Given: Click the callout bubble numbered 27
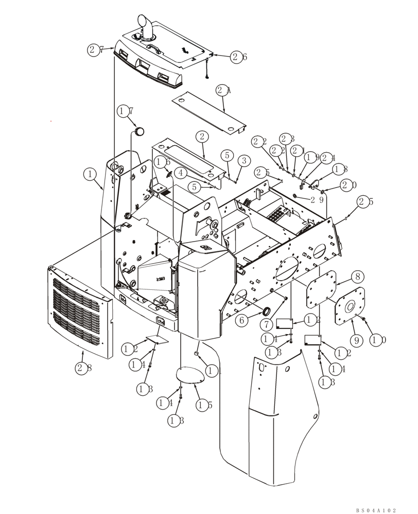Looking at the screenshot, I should [96, 50].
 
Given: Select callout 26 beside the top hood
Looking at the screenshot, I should [238, 57].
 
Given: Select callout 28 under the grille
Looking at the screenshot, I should [83, 367].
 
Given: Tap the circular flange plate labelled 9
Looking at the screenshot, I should [350, 306].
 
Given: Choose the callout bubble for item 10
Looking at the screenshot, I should [378, 340].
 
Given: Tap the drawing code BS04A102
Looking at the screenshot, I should [376, 510].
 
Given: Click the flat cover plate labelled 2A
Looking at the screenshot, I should [208, 111].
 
